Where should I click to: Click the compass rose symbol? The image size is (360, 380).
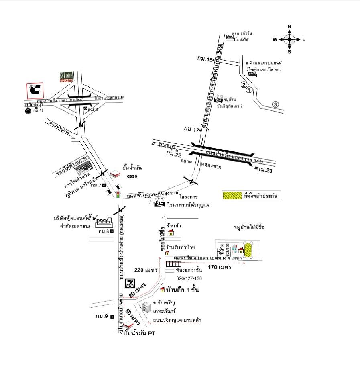(289, 39)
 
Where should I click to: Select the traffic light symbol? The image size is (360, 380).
(118, 194)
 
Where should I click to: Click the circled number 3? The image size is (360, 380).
(275, 104)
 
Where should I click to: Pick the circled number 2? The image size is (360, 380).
(243, 84)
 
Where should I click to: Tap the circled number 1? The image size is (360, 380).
(249, 90)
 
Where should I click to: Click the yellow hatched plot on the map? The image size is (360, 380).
(248, 250)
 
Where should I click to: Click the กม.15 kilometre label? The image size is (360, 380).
(204, 59)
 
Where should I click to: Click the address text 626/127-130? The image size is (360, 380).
(189, 278)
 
